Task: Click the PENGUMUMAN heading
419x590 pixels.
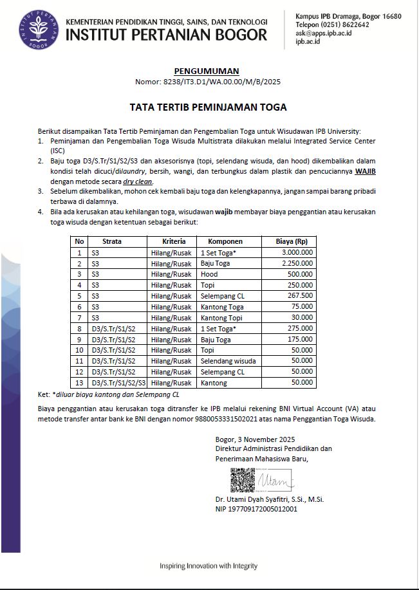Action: [x=207, y=71]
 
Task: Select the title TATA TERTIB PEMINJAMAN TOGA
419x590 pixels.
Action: [x=208, y=107]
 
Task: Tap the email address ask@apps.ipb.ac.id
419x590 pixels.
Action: [x=323, y=33]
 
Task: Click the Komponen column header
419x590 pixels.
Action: [x=225, y=241]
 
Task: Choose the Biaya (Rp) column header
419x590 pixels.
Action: [x=292, y=241]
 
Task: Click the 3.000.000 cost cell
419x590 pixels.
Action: [x=297, y=253]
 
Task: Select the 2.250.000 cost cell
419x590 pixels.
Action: [x=297, y=264]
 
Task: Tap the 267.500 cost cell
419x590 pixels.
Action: [x=301, y=296]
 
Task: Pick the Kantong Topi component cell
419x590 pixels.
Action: [x=222, y=318]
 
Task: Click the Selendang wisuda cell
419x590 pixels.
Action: [x=228, y=361]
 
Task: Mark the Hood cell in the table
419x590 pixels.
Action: [x=209, y=274]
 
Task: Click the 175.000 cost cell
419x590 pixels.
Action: [x=301, y=339]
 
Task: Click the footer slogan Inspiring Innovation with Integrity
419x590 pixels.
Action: [x=209, y=566]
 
